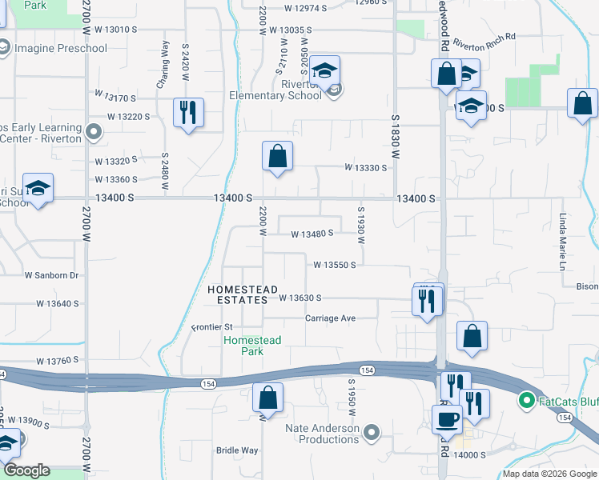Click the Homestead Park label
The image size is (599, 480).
click(251, 346)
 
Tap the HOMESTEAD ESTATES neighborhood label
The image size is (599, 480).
click(242, 294)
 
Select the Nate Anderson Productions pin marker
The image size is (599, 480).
click(372, 434)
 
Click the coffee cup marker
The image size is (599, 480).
click(447, 418)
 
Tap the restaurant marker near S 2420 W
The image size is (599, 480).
click(188, 112)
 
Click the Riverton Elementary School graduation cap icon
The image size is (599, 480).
click(324, 70)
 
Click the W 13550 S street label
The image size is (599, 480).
click(334, 264)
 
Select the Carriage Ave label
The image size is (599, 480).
click(330, 318)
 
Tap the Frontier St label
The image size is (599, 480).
click(212, 327)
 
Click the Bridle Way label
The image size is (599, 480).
click(237, 450)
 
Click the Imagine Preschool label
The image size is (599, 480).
click(60, 49)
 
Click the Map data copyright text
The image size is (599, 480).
click(549, 474)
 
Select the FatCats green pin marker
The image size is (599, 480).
click(526, 399)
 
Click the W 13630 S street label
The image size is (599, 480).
click(299, 298)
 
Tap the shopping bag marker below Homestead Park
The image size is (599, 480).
click(267, 397)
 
